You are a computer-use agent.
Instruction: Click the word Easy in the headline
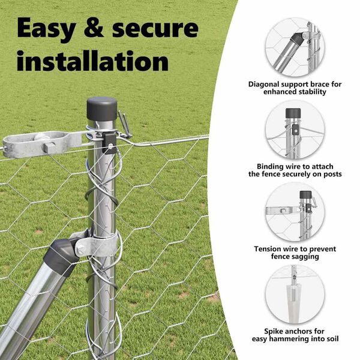click(46, 29)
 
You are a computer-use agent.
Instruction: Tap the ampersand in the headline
click(94, 28)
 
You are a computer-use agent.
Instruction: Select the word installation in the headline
click(93, 61)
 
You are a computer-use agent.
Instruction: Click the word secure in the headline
click(155, 29)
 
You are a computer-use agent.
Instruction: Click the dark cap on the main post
click(102, 109)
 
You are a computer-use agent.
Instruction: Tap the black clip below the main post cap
click(109, 143)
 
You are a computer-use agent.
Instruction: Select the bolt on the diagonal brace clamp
click(80, 249)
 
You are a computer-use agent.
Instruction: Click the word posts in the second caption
click(332, 174)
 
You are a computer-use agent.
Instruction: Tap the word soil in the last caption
click(332, 338)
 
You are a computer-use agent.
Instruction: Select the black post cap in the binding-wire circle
click(293, 113)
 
